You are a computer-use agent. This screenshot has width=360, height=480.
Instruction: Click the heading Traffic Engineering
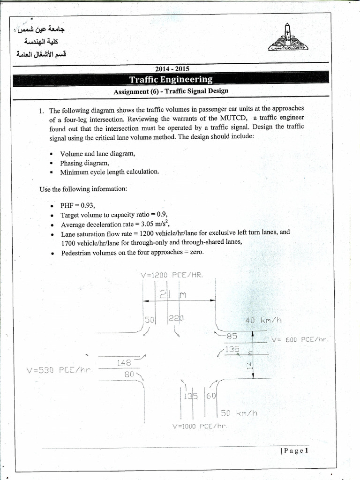click(x=171, y=80)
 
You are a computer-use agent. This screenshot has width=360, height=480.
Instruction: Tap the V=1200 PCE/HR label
click(x=172, y=275)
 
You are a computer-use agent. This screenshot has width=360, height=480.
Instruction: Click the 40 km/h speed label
click(x=263, y=321)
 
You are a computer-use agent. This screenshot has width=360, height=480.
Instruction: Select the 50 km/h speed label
click(x=239, y=413)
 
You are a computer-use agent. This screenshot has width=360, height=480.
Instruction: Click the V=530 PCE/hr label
click(x=60, y=370)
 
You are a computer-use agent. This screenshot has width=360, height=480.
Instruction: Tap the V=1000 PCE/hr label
click(x=199, y=426)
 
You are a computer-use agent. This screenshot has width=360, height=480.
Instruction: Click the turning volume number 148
click(x=124, y=362)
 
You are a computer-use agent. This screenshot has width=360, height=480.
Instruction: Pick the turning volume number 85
click(x=232, y=336)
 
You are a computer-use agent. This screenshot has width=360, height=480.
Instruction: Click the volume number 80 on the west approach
click(x=129, y=374)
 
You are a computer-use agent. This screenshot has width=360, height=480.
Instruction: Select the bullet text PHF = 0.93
click(x=77, y=205)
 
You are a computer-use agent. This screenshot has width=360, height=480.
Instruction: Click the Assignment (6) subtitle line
click(x=171, y=91)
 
